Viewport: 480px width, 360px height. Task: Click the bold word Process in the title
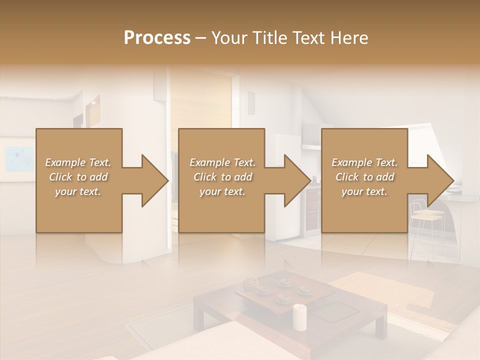157,38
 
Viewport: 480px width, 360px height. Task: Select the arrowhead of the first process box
153,180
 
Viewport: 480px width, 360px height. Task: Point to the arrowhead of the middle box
296,180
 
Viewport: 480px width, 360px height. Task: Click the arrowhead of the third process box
439,180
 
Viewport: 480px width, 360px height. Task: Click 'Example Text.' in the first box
78,162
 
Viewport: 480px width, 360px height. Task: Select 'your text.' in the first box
78,191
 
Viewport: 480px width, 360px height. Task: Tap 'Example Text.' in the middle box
222,162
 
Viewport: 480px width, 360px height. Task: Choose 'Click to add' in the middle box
222,177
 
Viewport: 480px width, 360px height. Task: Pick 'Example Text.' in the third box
364,162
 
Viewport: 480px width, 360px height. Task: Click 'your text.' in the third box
364,191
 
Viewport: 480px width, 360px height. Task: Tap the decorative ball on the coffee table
249,285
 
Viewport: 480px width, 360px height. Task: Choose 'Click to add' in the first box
78,177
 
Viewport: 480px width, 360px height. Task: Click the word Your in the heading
228,38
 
